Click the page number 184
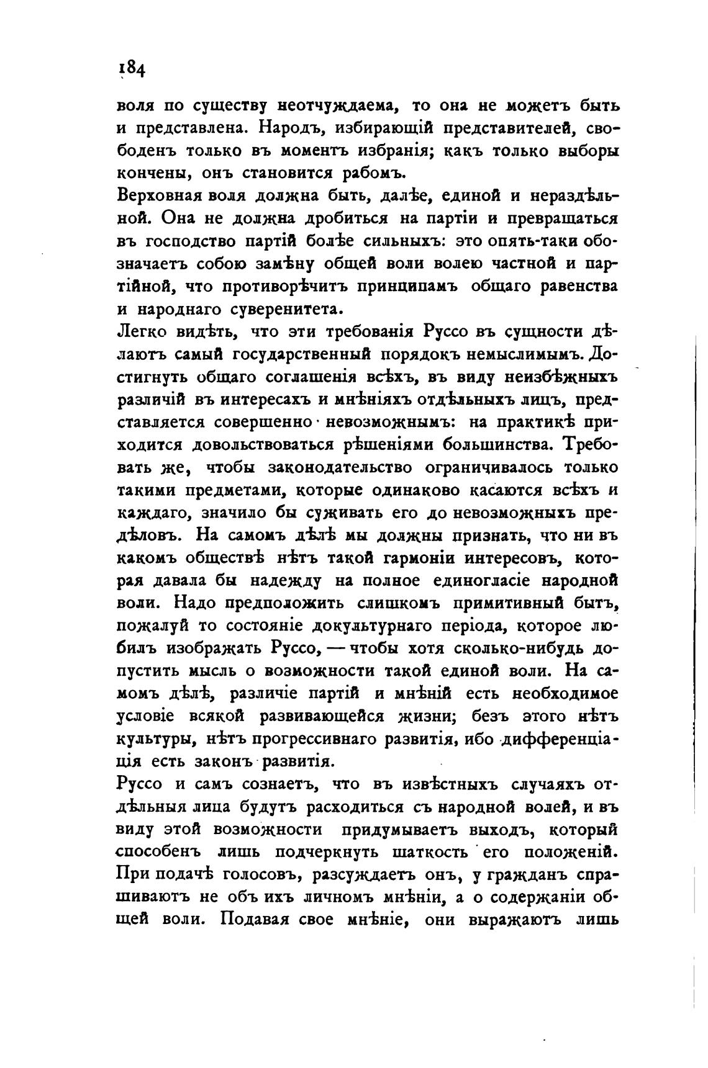click(x=132, y=67)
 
